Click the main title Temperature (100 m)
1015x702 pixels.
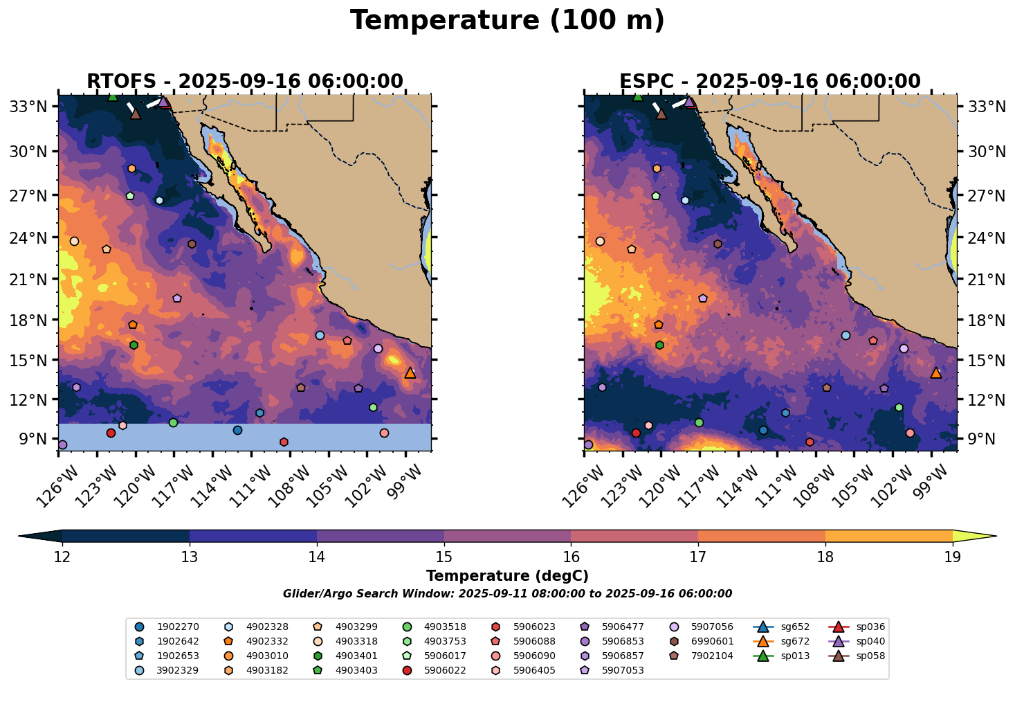click(x=507, y=21)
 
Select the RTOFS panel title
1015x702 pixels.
click(x=244, y=82)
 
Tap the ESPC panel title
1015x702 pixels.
click(x=770, y=82)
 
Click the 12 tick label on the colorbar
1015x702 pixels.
click(x=62, y=557)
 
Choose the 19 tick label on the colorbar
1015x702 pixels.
click(x=953, y=557)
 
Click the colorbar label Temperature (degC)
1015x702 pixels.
click(x=507, y=576)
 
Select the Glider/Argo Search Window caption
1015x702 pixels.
click(x=507, y=594)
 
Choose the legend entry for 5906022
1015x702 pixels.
click(x=435, y=670)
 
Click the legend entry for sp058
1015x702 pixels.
click(x=858, y=656)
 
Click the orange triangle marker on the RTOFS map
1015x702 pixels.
click(x=410, y=372)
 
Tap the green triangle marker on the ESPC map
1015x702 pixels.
click(x=638, y=96)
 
